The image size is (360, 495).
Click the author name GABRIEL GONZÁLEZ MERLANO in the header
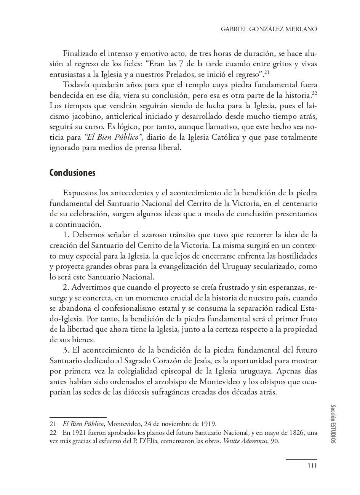[269, 29]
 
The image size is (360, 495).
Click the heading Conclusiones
[72, 173]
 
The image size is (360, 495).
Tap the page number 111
[312, 465]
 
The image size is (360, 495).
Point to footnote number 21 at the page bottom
[53, 423]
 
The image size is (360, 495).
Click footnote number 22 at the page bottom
[53, 433]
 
